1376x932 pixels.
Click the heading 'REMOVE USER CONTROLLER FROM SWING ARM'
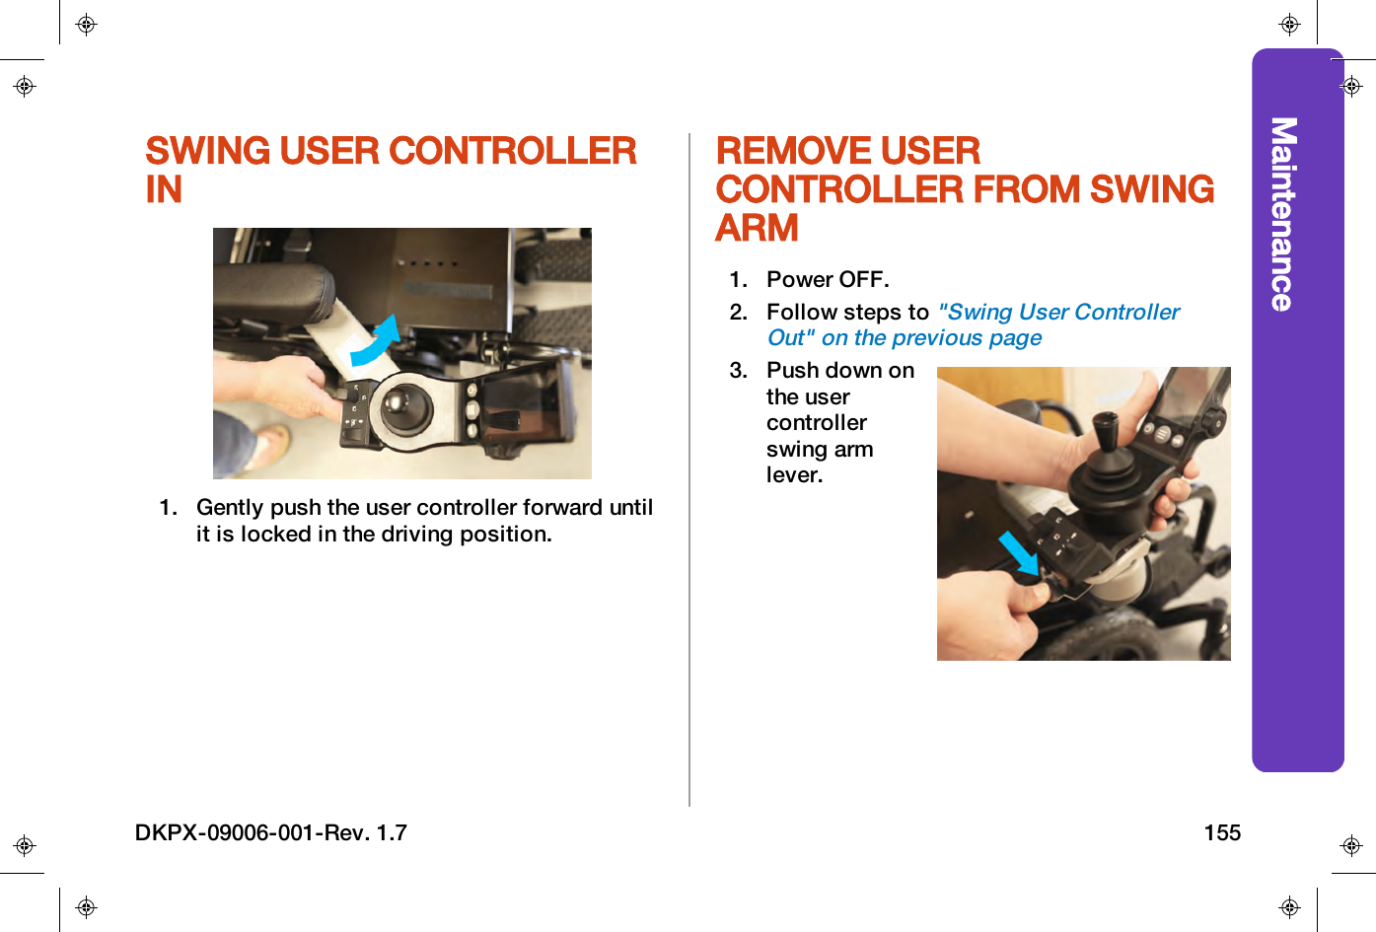point(964,189)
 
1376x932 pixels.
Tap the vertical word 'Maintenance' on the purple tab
point(1282,214)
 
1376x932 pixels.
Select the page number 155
point(1221,833)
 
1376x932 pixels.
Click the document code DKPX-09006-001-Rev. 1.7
point(271,833)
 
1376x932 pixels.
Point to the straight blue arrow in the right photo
point(1018,552)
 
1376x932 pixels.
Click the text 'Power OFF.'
point(828,280)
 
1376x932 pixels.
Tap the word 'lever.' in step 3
point(794,475)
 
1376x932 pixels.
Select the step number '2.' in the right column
point(739,313)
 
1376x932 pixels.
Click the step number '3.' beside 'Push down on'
point(739,371)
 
